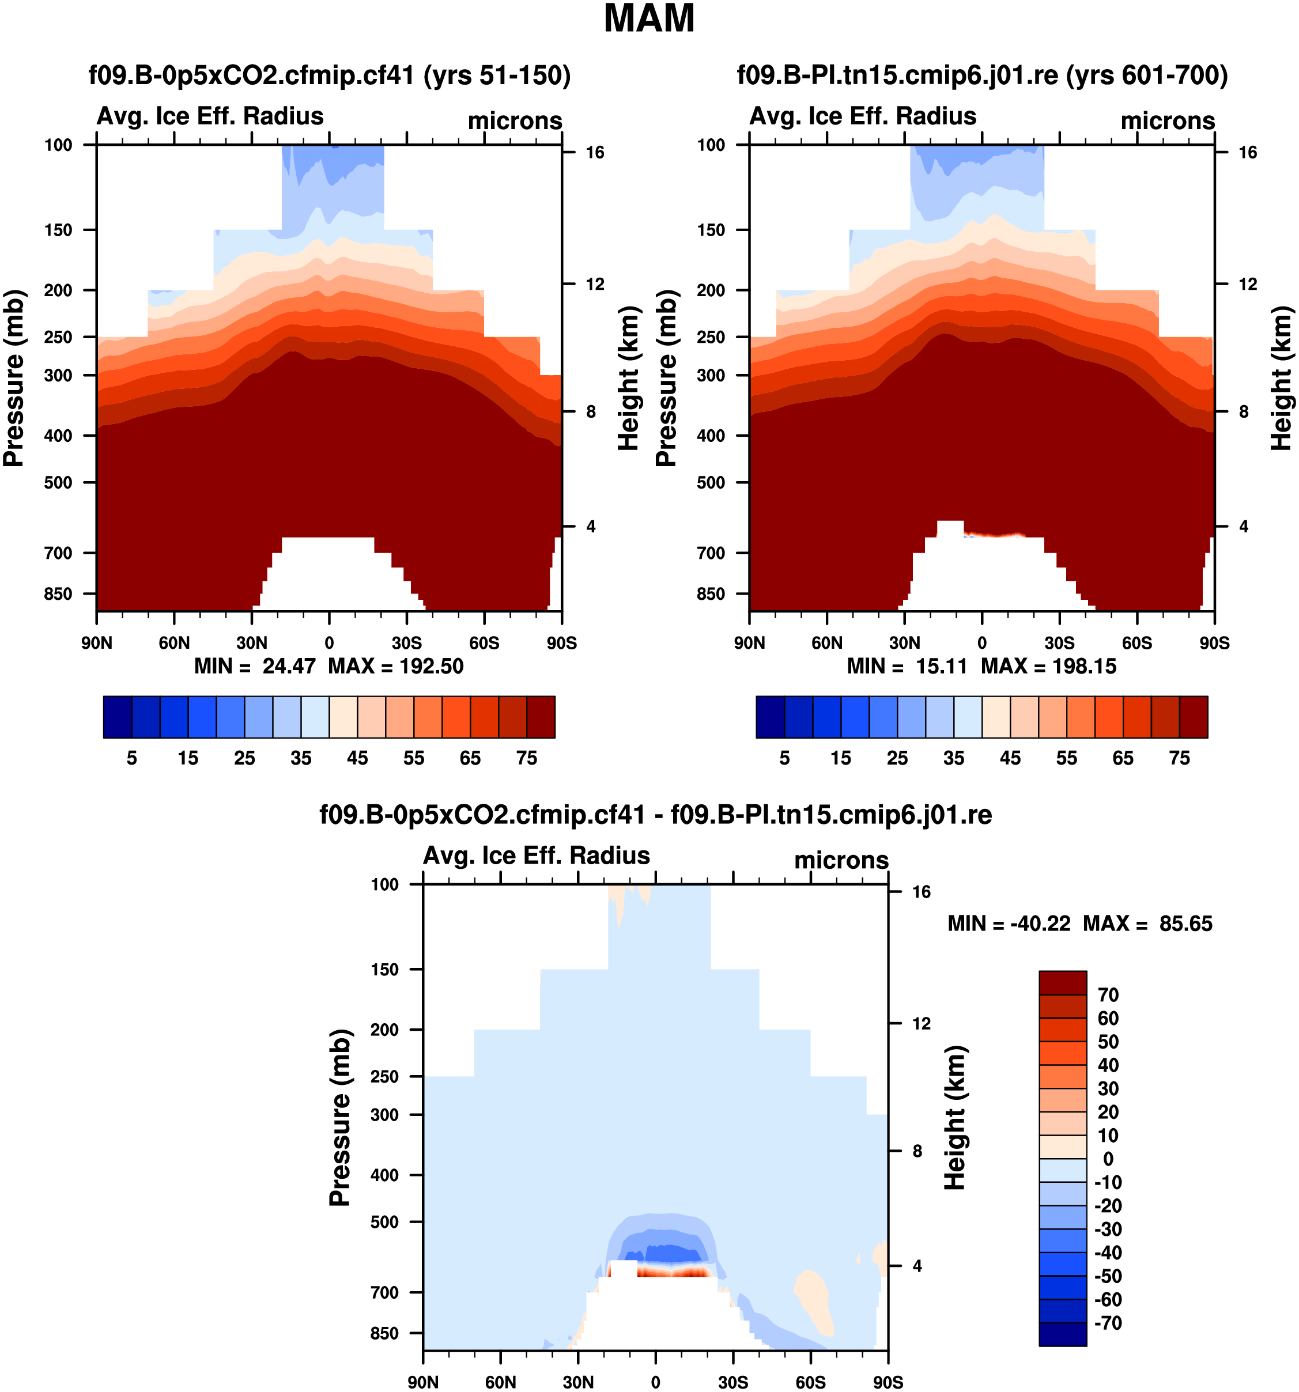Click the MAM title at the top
(648, 19)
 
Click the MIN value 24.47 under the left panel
(289, 666)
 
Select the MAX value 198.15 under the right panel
(1083, 666)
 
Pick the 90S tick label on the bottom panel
(888, 1382)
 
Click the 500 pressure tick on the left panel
(58, 482)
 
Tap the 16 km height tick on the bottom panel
(922, 891)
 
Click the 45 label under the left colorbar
(357, 758)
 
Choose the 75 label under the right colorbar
(1179, 758)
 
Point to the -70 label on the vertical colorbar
(1108, 1323)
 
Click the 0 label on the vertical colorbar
(1108, 1159)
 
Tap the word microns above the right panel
(1168, 120)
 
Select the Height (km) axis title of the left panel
(629, 378)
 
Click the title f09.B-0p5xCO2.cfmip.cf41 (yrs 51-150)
(329, 75)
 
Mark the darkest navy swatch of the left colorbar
(117, 717)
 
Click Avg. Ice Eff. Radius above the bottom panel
(537, 856)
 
